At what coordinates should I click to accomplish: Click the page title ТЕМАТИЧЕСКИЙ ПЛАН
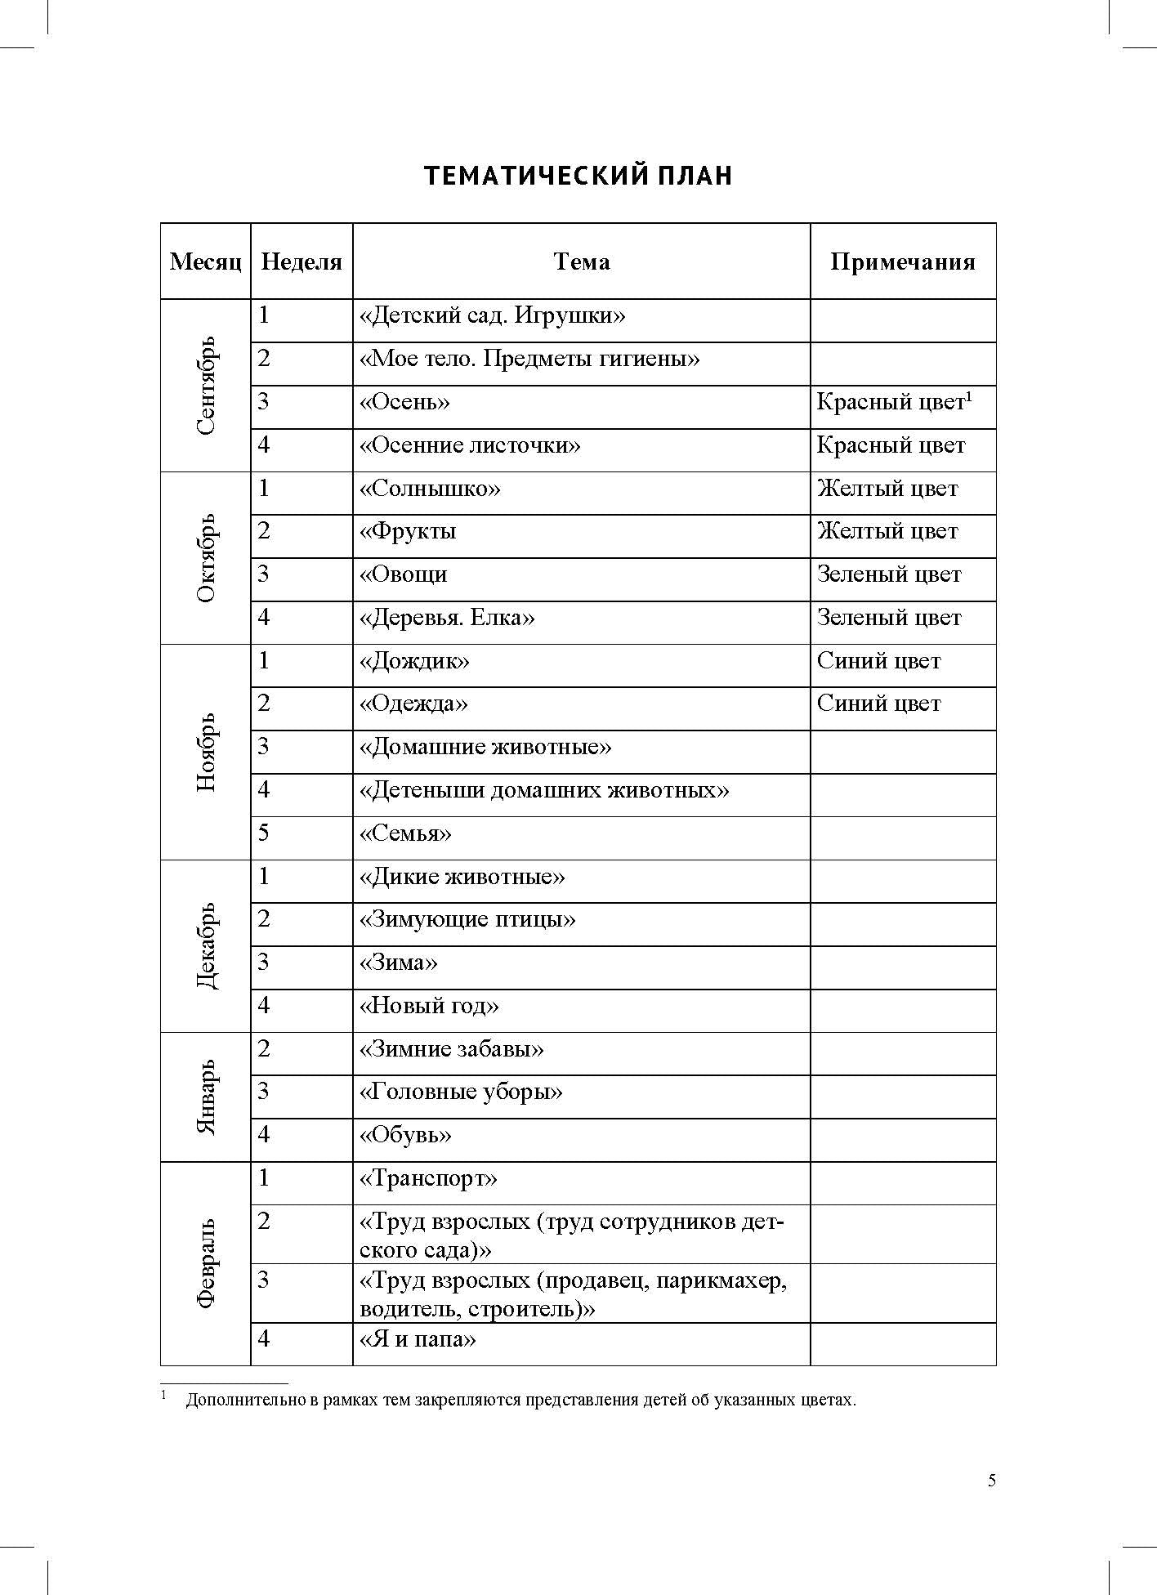[578, 176]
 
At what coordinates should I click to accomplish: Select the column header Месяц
[206, 261]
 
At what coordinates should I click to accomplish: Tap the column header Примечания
[903, 261]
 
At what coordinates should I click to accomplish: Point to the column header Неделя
[302, 261]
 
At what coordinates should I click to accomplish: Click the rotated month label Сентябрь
[206, 385]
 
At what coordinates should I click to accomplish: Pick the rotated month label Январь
[206, 1097]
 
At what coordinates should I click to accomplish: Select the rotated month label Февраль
[206, 1263]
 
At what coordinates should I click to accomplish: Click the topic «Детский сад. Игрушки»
[492, 315]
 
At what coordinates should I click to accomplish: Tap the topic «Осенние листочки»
[470, 445]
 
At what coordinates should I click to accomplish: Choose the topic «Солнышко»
[430, 489]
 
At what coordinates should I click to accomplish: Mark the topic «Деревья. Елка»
[447, 618]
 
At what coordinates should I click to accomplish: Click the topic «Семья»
[405, 833]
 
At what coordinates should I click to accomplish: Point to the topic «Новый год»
[429, 1006]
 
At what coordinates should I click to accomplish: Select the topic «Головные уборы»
[461, 1092]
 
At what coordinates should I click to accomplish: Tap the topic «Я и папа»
[418, 1339]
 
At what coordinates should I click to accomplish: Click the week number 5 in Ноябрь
[264, 833]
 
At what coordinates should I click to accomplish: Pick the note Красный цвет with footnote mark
[894, 402]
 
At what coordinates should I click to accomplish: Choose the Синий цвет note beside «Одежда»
[878, 704]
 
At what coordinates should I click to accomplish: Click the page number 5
[992, 1481]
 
